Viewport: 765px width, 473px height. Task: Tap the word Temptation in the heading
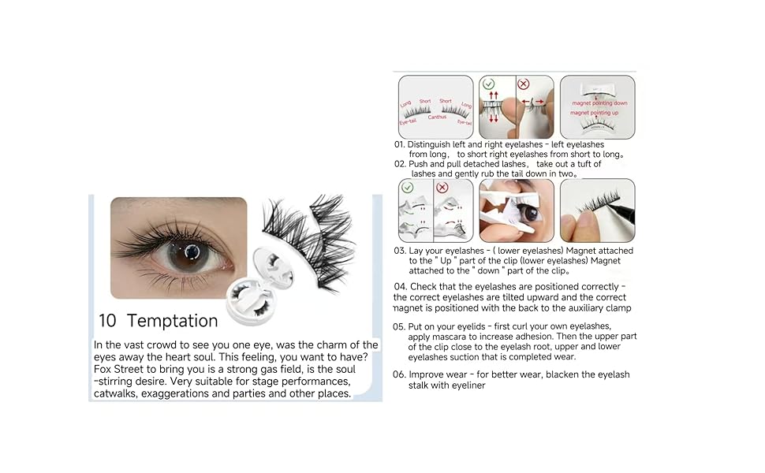[172, 321]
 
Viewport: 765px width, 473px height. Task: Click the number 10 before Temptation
[108, 321]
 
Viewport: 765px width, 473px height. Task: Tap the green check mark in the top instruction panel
[488, 84]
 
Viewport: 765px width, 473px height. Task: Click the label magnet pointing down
[599, 103]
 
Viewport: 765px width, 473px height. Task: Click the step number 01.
[399, 145]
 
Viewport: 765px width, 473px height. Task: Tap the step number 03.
[399, 251]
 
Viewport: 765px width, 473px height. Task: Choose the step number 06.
[399, 374]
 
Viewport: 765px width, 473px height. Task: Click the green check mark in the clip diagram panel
[409, 188]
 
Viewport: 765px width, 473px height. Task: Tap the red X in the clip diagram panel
[442, 188]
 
